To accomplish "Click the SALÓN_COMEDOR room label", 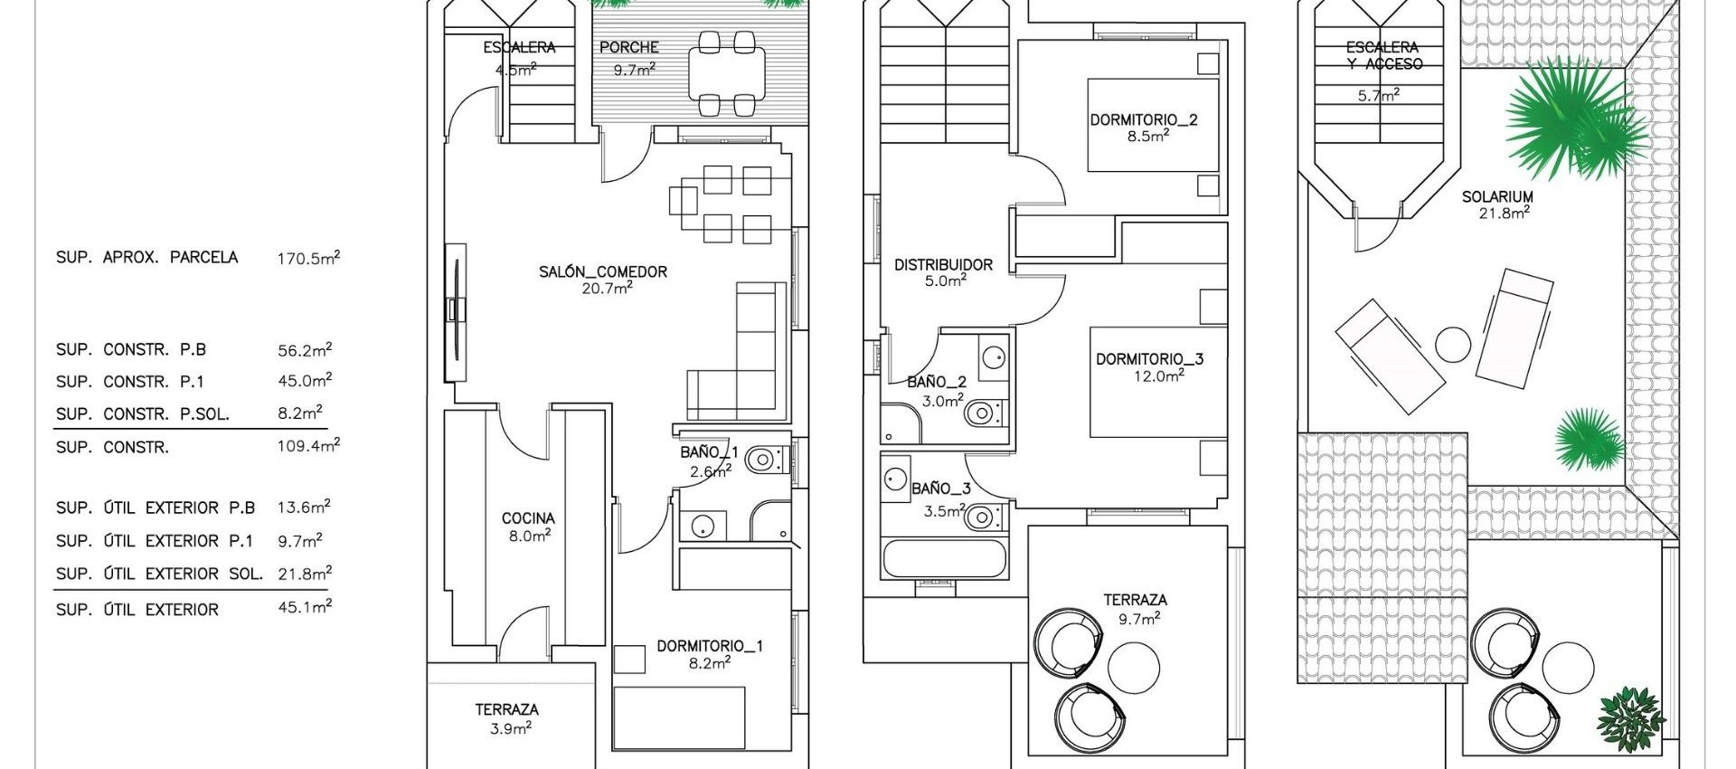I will coord(602,271).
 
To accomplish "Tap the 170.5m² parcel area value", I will coord(307,259).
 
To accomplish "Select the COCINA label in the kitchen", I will coord(528,518).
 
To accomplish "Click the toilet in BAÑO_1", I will coord(767,460).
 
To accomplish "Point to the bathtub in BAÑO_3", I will coord(944,559).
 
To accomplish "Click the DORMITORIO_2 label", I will coord(1143,119).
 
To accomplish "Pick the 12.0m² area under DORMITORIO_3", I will coord(1158,376).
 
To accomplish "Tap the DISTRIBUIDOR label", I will coord(943,265).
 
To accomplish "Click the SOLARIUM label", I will coord(1497,196).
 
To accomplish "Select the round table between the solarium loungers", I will coord(1453,345).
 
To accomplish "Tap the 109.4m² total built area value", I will coord(307,446).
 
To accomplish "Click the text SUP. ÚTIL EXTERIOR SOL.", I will coord(159,574).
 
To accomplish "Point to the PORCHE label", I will coord(629,47).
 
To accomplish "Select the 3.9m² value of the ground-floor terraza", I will coord(509,728).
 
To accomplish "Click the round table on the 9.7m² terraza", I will coord(1133,667).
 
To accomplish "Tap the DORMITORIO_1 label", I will coord(709,646).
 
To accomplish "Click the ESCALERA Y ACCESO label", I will coord(1382,55).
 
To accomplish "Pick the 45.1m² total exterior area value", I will coord(304,607).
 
